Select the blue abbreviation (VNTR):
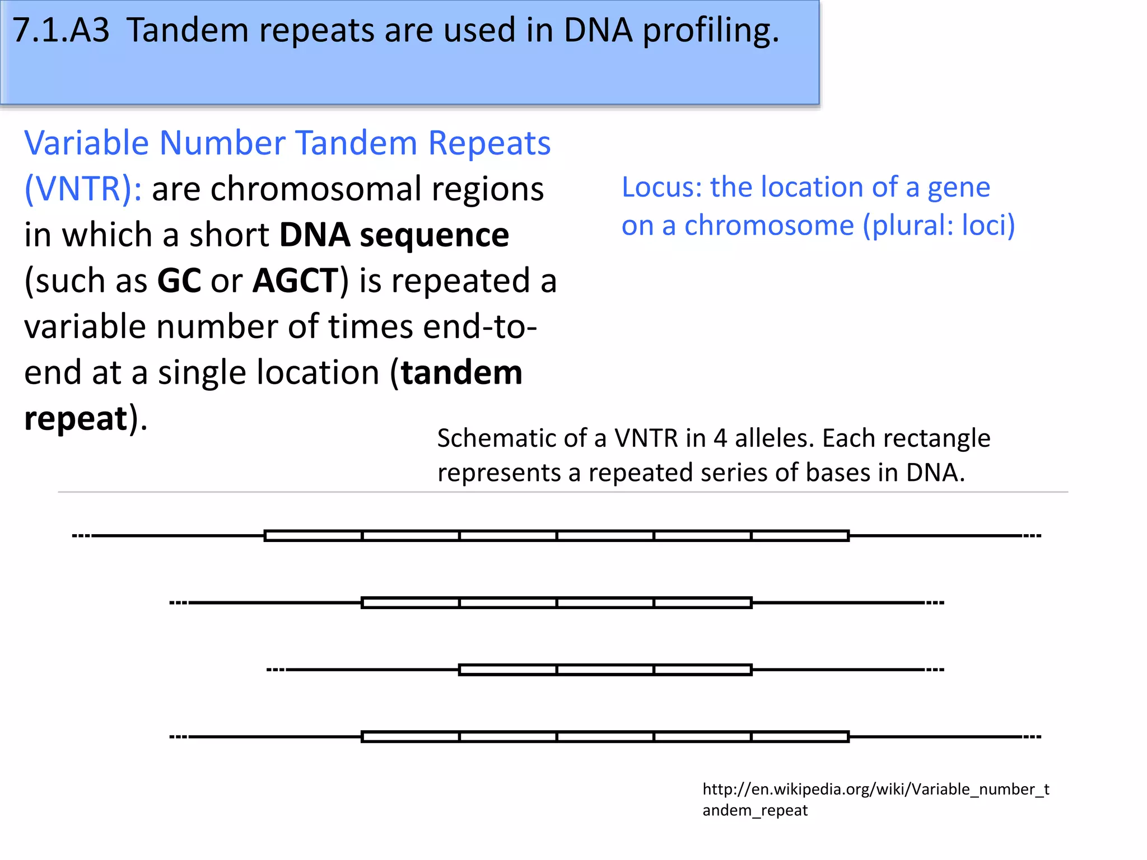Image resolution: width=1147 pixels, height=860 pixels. (x=83, y=189)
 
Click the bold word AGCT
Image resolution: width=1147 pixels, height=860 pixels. (x=296, y=281)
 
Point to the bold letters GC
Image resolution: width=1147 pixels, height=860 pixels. (x=179, y=281)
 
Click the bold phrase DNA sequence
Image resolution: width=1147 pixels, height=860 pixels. (x=394, y=235)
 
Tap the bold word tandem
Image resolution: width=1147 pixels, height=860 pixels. (x=461, y=373)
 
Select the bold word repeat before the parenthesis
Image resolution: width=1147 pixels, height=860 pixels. (x=76, y=419)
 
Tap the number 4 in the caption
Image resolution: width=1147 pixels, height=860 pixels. (x=720, y=438)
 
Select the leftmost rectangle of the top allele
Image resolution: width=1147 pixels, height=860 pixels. (x=313, y=536)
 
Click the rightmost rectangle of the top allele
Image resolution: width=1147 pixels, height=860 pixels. (x=800, y=536)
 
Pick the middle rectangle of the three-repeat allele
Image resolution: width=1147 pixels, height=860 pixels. (x=605, y=670)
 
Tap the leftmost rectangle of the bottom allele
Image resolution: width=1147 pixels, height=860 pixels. (x=411, y=737)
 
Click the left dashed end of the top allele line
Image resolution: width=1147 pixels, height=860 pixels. (x=81, y=536)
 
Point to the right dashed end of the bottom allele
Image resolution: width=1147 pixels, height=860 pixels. (x=1032, y=737)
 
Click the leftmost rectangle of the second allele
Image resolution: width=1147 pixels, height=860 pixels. (x=411, y=603)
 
